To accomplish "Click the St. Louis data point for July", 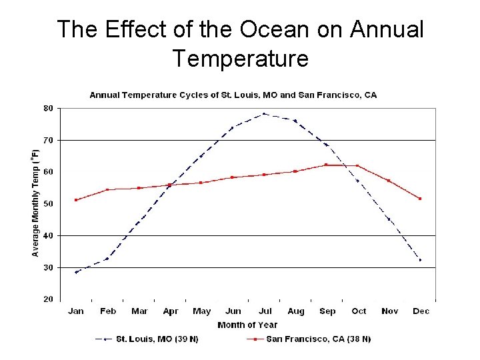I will [x=264, y=114].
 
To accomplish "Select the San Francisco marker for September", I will [x=326, y=165].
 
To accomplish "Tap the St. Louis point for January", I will [x=76, y=272].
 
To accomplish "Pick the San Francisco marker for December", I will [x=420, y=199].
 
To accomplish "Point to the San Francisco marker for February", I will [x=107, y=190].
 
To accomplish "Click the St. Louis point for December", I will [x=420, y=260].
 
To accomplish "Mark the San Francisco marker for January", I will [x=76, y=200].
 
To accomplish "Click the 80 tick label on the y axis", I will [x=49, y=108].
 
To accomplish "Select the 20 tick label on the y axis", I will [x=49, y=299].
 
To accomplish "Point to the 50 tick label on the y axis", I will [x=49, y=203].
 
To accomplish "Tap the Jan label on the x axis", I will [x=76, y=311].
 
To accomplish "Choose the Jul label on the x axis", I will [x=265, y=311].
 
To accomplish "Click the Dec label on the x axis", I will [x=421, y=311].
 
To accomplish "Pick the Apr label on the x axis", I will [x=171, y=311].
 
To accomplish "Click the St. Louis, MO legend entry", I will [x=157, y=339].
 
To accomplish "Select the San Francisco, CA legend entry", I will [x=318, y=339].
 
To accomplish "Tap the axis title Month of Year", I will [x=247, y=325].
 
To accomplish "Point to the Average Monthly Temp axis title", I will [x=35, y=203].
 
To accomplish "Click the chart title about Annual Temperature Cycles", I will [x=233, y=95].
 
